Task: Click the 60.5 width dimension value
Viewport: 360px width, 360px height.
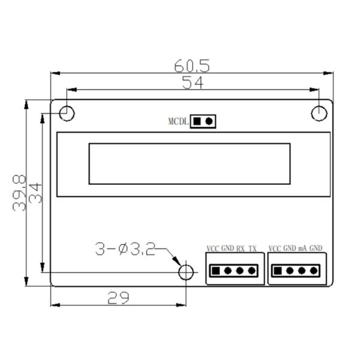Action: point(192,66)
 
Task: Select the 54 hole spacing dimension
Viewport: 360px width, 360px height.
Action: point(193,83)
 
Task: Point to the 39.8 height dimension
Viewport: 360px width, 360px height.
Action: point(19,193)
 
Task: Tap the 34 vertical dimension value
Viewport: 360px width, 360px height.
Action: point(35,193)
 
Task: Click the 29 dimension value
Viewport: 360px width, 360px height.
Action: point(118,298)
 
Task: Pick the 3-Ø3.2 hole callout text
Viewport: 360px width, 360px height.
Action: point(125,250)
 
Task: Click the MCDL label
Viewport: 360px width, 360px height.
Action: point(178,121)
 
